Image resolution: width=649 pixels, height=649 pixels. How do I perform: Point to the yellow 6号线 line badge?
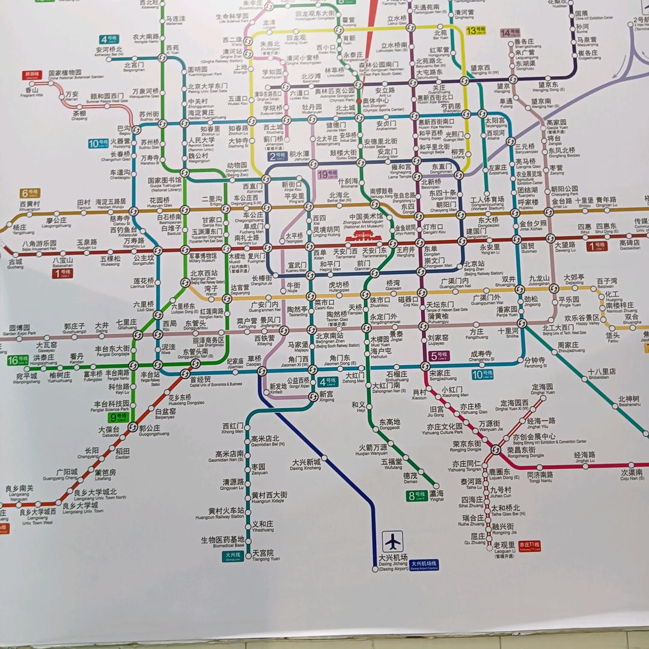pos(29,193)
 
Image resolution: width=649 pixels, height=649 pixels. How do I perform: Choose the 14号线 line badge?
pos(510,32)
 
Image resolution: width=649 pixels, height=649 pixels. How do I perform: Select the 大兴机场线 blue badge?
pos(424,564)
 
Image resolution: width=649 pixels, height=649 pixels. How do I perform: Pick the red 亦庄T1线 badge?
pos(529,546)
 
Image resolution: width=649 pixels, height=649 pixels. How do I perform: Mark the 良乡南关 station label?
pos(20,490)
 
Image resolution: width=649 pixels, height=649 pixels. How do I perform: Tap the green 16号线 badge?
pos(17,360)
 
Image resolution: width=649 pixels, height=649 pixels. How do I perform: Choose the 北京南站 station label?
pos(330,337)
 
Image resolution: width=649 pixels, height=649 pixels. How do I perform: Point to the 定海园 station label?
pos(543,388)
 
